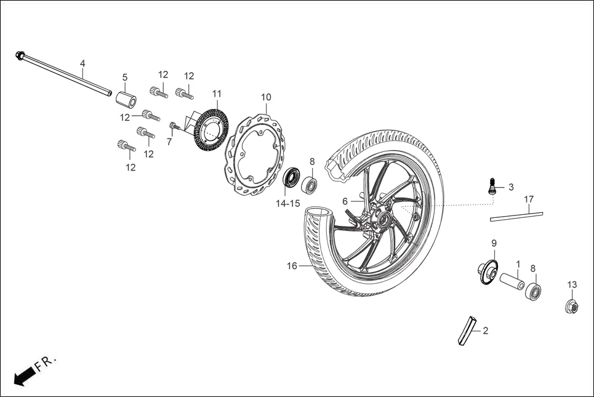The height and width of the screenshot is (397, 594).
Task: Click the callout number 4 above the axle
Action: click(82, 63)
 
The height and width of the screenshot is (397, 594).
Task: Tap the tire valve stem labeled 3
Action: click(492, 186)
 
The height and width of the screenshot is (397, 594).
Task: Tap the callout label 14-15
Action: click(288, 203)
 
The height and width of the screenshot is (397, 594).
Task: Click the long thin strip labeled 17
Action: click(516, 215)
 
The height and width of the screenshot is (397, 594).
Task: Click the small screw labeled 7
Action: click(174, 127)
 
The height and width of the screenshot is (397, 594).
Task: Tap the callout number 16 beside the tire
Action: click(292, 266)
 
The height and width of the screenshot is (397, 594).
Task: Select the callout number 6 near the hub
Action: click(345, 201)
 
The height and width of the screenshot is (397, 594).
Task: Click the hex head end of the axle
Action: click(20, 56)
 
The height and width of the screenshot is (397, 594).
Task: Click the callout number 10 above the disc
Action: click(266, 97)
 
